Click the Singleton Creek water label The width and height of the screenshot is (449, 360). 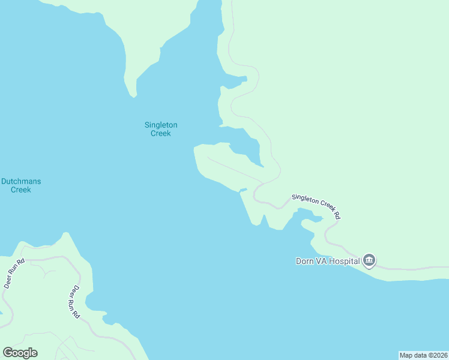click(x=160, y=129)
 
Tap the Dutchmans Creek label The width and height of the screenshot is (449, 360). click(x=21, y=185)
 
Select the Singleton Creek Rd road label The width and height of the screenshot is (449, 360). click(x=316, y=205)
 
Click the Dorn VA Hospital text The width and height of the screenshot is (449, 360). click(x=328, y=261)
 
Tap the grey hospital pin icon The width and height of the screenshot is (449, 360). click(x=369, y=260)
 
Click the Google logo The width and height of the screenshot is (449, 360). click(x=20, y=353)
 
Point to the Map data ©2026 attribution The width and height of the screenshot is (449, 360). click(x=423, y=355)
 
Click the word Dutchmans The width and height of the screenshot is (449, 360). click(x=21, y=181)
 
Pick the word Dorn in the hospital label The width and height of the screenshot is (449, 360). click(x=305, y=261)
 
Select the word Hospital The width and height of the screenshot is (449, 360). click(x=345, y=261)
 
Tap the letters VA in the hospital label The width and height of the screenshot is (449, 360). click(x=322, y=261)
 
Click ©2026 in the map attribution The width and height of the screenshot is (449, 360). click(x=436, y=355)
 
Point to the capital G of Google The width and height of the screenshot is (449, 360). click(x=7, y=353)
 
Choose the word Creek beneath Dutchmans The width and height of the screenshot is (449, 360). click(x=21, y=190)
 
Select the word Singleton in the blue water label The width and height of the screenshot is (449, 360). click(x=160, y=125)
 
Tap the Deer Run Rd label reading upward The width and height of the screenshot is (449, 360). click(x=13, y=274)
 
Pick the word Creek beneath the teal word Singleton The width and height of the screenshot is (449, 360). click(x=160, y=133)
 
